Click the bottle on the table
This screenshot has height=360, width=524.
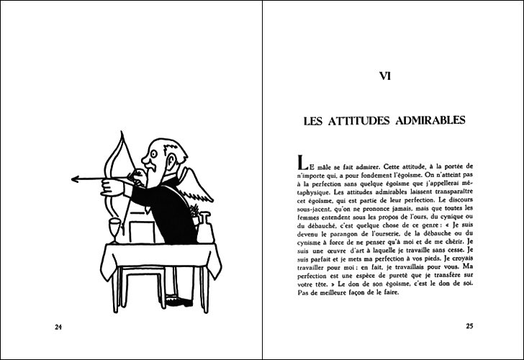(x=205, y=229)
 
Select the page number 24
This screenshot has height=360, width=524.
(x=60, y=327)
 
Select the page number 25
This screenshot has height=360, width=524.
(x=469, y=327)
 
